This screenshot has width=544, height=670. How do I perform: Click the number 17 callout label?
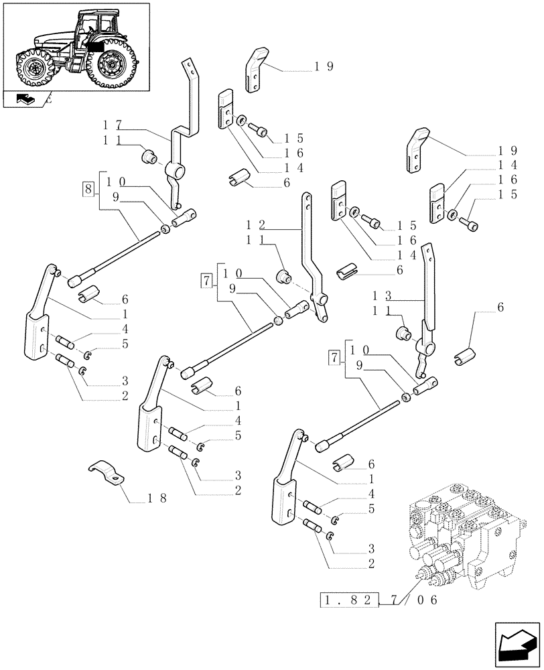click(x=112, y=125)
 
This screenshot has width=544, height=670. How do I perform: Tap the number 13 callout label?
click(x=383, y=295)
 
